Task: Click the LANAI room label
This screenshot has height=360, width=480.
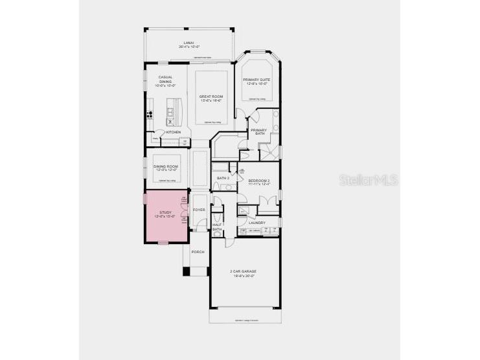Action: (189, 43)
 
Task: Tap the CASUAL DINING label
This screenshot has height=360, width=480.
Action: (166, 81)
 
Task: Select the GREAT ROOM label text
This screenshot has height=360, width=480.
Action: (211, 97)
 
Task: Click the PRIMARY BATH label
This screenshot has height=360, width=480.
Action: (259, 131)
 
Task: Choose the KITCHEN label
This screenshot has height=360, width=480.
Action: (174, 132)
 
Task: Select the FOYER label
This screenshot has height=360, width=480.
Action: (199, 209)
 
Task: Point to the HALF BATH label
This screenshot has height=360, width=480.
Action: (217, 227)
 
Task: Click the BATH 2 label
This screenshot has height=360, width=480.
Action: (223, 178)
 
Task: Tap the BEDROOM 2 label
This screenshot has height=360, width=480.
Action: (259, 181)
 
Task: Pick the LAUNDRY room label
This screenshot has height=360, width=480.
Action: (257, 223)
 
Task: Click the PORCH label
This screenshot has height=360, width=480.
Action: (197, 252)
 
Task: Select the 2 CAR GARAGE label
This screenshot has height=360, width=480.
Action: (244, 271)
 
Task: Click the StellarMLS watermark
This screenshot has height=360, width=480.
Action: (368, 179)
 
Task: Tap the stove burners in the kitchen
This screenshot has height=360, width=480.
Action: (150, 117)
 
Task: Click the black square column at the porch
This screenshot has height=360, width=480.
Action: (187, 271)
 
